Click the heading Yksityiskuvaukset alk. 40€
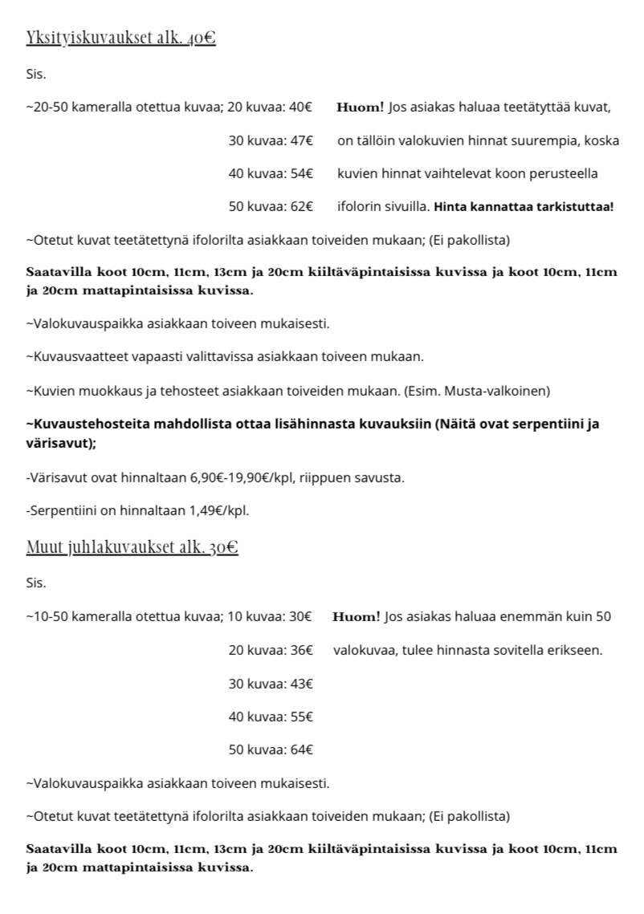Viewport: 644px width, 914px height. point(120,38)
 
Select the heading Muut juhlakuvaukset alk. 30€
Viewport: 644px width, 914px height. point(132,548)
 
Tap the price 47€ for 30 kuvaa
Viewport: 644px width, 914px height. point(301,141)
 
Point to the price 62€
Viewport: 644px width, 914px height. point(301,207)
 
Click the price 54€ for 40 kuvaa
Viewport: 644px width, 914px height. point(301,174)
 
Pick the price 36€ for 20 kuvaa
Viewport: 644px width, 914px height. point(301,651)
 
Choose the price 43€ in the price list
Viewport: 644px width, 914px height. point(301,684)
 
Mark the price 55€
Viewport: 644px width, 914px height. point(301,717)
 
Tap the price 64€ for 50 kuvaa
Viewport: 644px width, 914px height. point(301,749)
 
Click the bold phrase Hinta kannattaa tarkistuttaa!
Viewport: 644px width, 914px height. point(524,207)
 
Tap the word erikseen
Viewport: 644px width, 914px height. point(574,651)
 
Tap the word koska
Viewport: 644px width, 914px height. point(602,141)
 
